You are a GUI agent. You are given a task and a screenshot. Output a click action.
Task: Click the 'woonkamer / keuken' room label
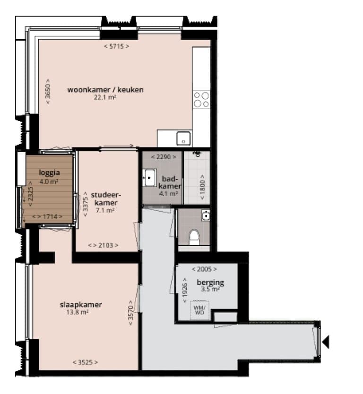point(105,90)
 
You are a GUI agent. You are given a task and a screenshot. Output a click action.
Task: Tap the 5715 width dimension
point(117,46)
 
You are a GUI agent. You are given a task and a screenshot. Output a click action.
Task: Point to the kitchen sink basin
point(183,138)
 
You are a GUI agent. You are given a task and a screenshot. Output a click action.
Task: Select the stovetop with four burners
point(201,100)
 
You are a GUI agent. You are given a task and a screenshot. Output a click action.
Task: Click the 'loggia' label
point(49,172)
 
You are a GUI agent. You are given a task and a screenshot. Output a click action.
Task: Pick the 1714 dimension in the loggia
point(47,216)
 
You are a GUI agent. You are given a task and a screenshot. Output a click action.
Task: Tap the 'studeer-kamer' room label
point(106,199)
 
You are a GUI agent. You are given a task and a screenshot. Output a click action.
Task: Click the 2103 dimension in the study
point(103,245)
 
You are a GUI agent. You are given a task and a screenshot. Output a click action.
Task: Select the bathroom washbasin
point(149,178)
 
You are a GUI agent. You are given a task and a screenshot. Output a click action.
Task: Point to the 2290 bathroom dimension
point(164,157)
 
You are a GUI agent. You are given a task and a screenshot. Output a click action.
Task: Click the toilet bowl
point(194,237)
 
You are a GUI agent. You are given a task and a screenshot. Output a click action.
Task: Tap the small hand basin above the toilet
point(206,215)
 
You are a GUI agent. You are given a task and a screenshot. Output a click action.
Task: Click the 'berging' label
point(210,283)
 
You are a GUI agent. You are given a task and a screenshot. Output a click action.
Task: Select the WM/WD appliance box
point(200,310)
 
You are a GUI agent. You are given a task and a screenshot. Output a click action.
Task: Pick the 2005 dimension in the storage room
point(204,269)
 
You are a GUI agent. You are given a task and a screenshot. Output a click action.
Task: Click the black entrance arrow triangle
point(326,342)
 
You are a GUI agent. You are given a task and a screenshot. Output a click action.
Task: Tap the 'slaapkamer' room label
point(81,305)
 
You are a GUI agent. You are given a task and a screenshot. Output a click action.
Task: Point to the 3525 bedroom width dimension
point(85,362)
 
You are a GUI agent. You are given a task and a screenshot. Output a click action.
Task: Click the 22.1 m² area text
point(105,97)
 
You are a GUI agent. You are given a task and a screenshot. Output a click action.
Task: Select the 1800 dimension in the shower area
point(202,187)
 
